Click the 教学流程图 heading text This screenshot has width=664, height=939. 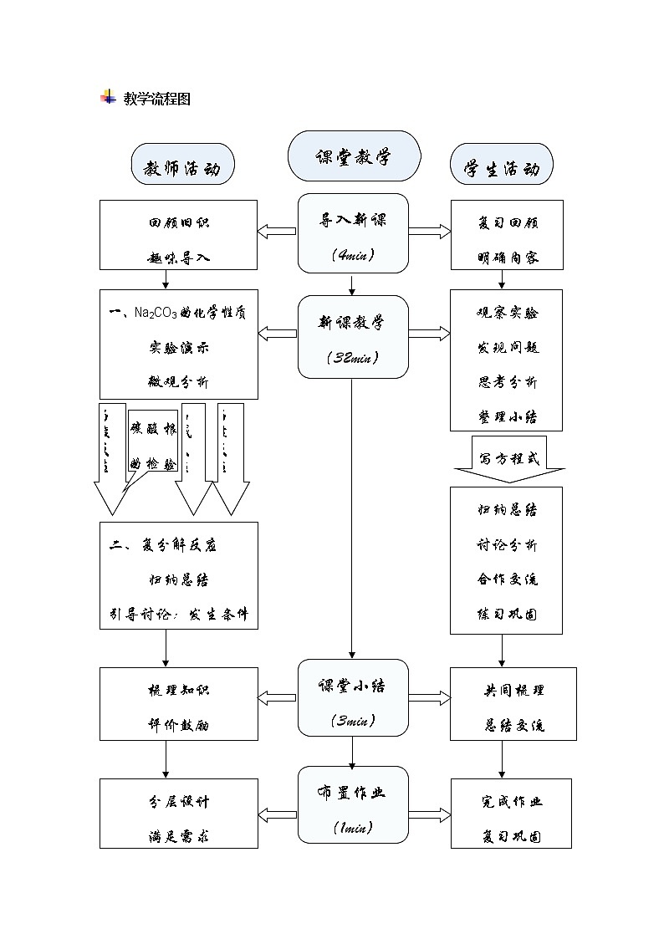point(157,99)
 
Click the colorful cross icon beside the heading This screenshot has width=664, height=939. point(108,97)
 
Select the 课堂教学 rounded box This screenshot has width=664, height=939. point(353,156)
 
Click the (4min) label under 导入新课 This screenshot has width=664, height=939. point(353,254)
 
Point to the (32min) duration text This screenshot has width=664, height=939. point(353,357)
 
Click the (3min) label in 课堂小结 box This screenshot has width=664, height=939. point(353,719)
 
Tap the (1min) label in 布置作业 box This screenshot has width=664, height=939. point(353,827)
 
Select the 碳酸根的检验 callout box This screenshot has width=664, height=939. point(153,445)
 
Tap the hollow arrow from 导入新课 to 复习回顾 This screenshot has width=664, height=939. point(429,232)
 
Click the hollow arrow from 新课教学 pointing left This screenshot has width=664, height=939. point(278,334)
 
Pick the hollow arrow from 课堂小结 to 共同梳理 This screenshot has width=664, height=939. point(429,697)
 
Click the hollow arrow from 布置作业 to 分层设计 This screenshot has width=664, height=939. point(278,814)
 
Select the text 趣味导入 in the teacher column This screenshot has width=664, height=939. point(178,258)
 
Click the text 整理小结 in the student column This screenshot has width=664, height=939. point(507,416)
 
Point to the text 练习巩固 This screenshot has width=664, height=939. point(507,614)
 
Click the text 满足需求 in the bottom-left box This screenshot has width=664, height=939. point(178,836)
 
